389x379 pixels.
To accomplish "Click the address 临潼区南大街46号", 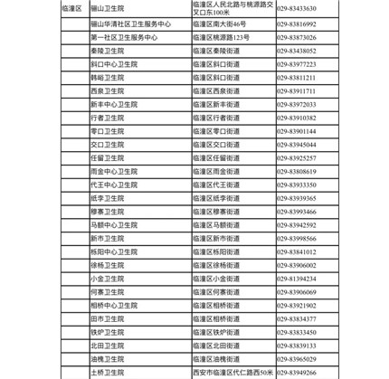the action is tap(220, 24).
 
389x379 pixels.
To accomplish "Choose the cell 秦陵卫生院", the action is tap(108, 52).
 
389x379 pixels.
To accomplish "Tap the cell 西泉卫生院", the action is tap(108, 91).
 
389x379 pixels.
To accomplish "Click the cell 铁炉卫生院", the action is tap(108, 332).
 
